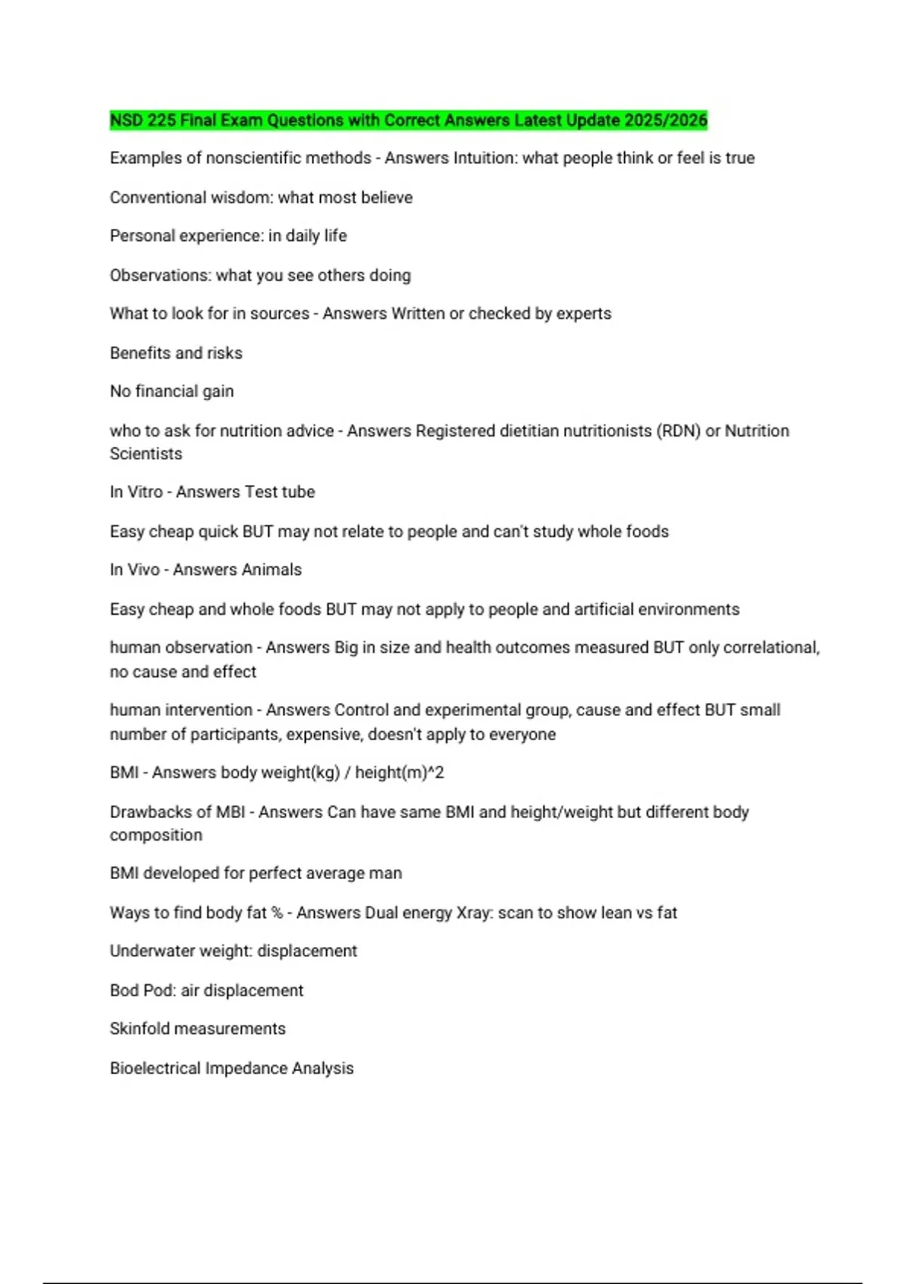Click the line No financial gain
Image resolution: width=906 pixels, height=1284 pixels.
coord(172,391)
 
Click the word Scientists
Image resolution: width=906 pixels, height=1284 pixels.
coord(146,454)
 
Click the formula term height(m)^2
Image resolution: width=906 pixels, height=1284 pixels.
coord(399,773)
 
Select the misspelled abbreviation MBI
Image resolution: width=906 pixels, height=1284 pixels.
coord(230,812)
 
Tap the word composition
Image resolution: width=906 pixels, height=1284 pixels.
coord(156,835)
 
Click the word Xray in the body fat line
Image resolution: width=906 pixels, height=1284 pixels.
coord(473,912)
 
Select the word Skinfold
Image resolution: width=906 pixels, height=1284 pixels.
coord(138,1029)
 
